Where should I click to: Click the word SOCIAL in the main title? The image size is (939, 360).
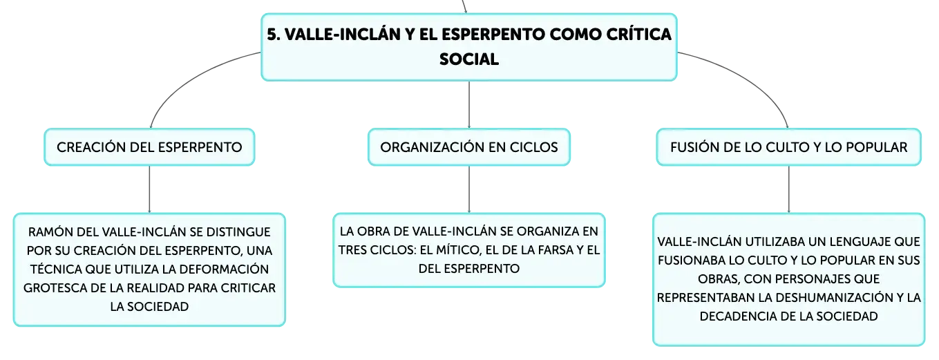tap(469, 59)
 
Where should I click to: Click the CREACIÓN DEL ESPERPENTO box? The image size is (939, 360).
tap(149, 147)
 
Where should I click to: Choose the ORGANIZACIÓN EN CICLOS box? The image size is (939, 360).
tap(469, 147)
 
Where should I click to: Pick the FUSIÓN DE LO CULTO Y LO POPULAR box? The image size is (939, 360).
tap(788, 147)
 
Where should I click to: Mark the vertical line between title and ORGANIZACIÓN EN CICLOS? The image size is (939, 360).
tap(469, 104)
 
